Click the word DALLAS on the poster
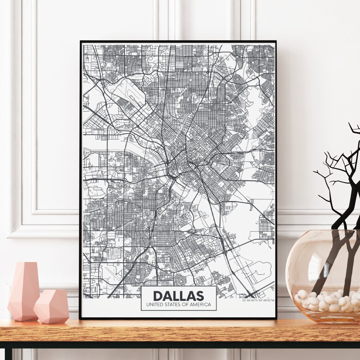pos(178,296)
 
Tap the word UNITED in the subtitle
pos(153,305)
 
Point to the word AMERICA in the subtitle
pos(200,305)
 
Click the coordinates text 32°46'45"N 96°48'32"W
pos(258,300)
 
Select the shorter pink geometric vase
pos(51,306)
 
